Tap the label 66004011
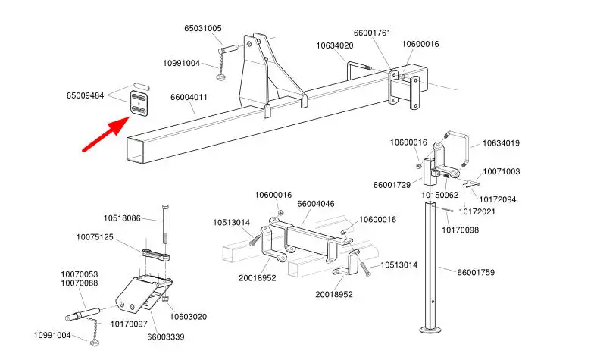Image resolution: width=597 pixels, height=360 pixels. [x=189, y=97]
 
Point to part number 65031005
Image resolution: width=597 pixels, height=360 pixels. [x=203, y=28]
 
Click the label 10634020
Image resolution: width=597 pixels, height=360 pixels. [x=335, y=45]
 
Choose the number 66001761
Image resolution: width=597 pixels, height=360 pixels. [x=372, y=33]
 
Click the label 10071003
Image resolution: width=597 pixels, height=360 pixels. [x=502, y=171]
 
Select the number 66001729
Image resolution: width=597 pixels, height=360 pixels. [x=392, y=185]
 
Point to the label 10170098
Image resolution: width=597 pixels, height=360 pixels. [x=461, y=230]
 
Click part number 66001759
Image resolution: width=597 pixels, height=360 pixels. [x=477, y=271]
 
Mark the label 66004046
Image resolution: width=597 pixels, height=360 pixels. [x=316, y=204]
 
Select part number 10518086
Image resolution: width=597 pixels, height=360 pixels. [x=122, y=218]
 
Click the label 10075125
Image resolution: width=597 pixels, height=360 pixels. [x=95, y=237]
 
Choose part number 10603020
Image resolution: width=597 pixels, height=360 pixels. [x=189, y=316]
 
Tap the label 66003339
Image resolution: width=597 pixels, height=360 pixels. [x=165, y=336]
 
